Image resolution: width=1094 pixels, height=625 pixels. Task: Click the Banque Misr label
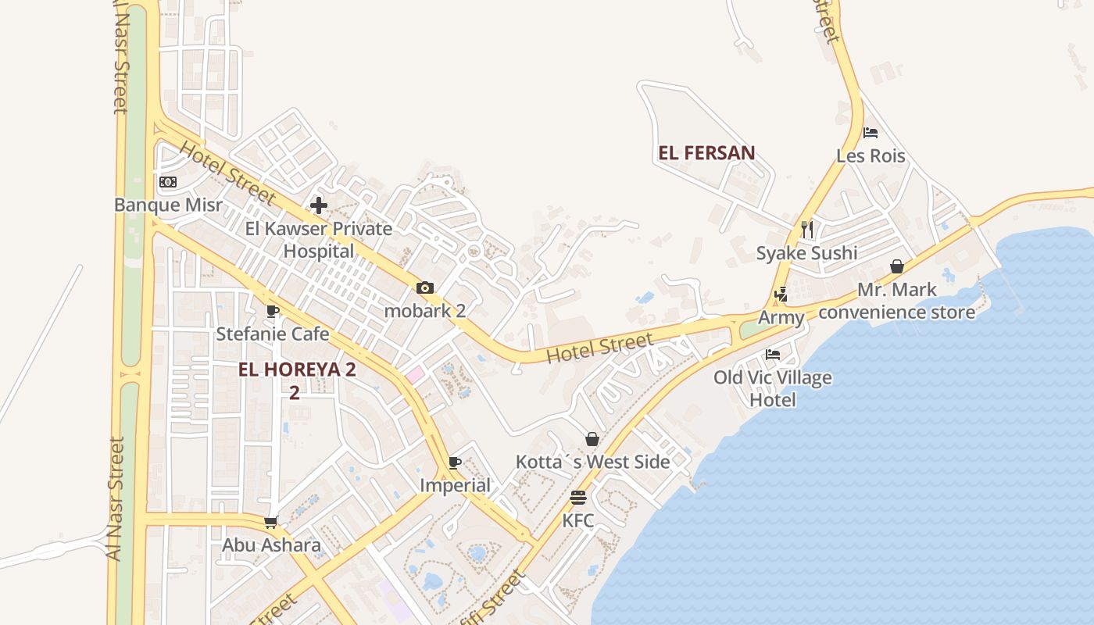168,205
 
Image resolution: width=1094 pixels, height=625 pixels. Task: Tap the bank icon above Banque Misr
168,182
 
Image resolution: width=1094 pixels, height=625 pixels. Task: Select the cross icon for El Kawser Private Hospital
318,205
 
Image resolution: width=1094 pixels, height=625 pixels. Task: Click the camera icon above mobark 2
425,287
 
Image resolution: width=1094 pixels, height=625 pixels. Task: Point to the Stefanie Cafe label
272,334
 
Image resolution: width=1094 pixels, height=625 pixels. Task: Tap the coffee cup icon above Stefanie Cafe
272,311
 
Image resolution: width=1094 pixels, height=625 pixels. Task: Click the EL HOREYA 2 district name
297,370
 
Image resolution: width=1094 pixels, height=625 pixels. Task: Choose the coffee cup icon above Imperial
455,462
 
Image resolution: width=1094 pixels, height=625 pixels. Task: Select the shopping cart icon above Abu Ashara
271,522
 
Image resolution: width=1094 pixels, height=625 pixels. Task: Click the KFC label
578,520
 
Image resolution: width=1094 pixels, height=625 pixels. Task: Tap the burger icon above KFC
578,498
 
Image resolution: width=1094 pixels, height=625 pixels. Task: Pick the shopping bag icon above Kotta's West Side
592,439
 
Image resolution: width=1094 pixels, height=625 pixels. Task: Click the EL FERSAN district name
706,152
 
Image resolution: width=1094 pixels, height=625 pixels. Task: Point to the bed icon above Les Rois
871,133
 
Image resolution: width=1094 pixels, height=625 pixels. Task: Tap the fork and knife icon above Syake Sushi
807,229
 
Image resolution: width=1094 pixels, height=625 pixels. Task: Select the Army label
781,318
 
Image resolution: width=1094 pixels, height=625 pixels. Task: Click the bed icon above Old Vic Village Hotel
773,354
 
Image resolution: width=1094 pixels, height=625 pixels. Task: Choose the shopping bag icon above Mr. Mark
897,266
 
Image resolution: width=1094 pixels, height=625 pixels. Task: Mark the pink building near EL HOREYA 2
413,375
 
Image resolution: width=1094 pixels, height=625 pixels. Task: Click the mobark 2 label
425,310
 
